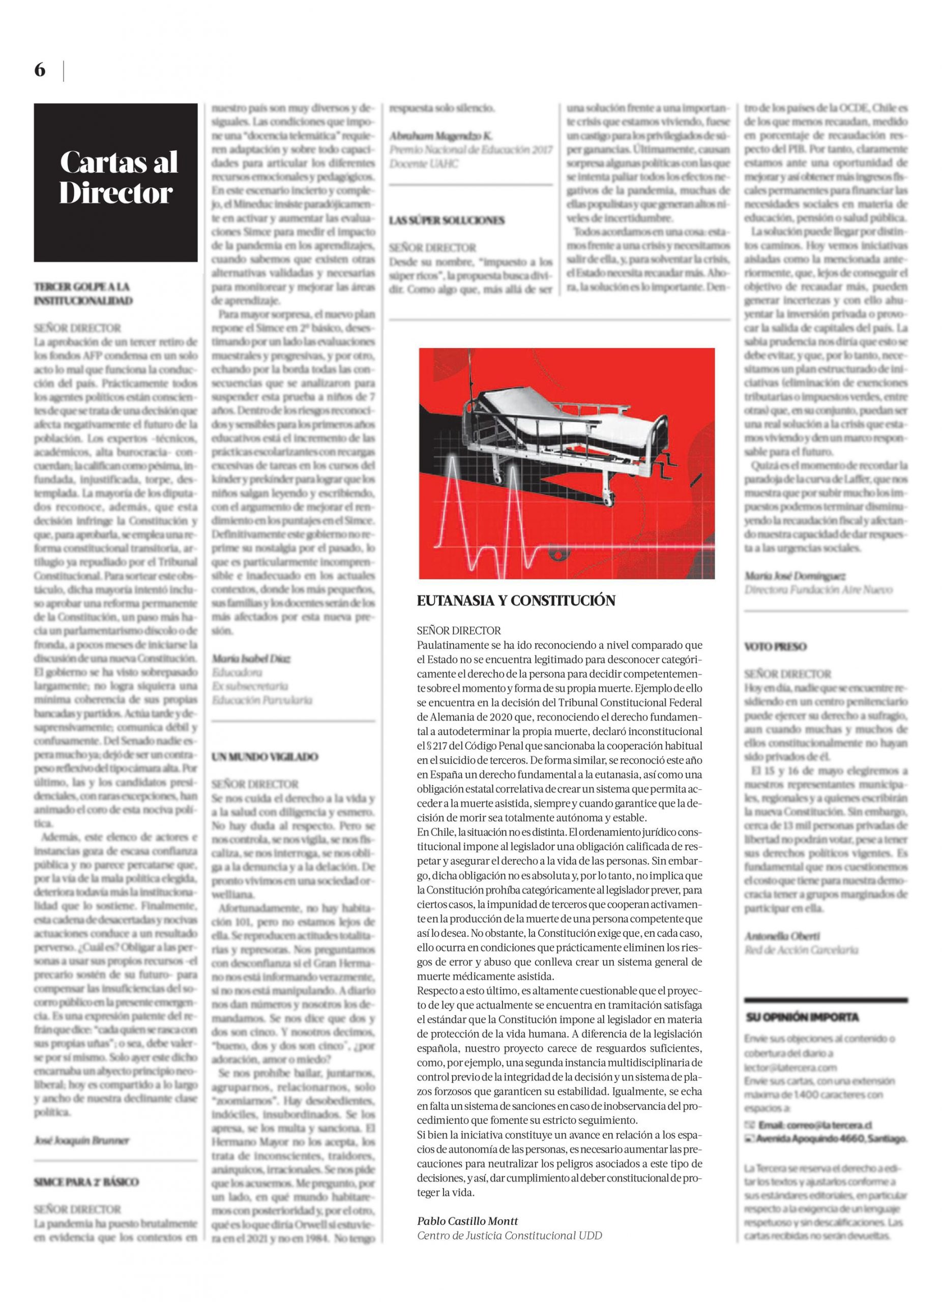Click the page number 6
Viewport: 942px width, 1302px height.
tap(40, 71)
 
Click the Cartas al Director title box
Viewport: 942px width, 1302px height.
tap(115, 182)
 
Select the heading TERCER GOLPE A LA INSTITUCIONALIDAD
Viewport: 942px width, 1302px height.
tap(83, 293)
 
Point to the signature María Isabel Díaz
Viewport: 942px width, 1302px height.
tap(251, 659)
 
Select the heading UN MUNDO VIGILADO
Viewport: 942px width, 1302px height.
tap(264, 757)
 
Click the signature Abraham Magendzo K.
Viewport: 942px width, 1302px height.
tap(440, 136)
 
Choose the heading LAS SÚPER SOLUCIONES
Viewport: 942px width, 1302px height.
tap(447, 220)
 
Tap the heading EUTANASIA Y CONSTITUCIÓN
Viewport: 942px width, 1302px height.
tap(516, 601)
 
